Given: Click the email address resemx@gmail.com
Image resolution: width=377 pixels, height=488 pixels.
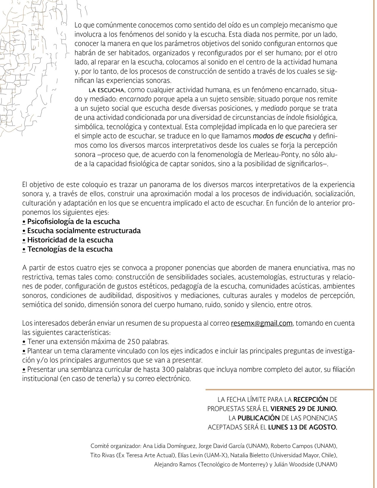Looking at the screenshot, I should tap(262, 323).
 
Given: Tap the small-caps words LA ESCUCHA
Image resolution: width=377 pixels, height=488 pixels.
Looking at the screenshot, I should tap(108, 90).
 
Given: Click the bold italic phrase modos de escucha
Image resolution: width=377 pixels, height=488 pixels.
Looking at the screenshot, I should tap(282, 136).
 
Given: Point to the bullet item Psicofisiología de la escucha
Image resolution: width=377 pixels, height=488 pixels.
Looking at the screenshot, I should tap(73, 222).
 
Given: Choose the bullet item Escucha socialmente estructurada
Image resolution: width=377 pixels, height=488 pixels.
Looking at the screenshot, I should tap(84, 231).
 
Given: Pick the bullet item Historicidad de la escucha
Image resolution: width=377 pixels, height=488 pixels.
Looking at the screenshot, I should tap(70, 240).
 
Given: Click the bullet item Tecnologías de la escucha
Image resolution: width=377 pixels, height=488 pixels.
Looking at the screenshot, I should tap(70, 249).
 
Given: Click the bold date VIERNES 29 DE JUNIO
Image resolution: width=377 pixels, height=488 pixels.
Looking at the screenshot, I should tap(304, 409).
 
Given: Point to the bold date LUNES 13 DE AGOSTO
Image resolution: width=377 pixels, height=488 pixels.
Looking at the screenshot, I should tap(302, 427).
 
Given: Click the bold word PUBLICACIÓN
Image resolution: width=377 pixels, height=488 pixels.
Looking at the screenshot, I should tap(259, 418).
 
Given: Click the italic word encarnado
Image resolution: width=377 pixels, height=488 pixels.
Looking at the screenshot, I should tap(135, 99).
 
